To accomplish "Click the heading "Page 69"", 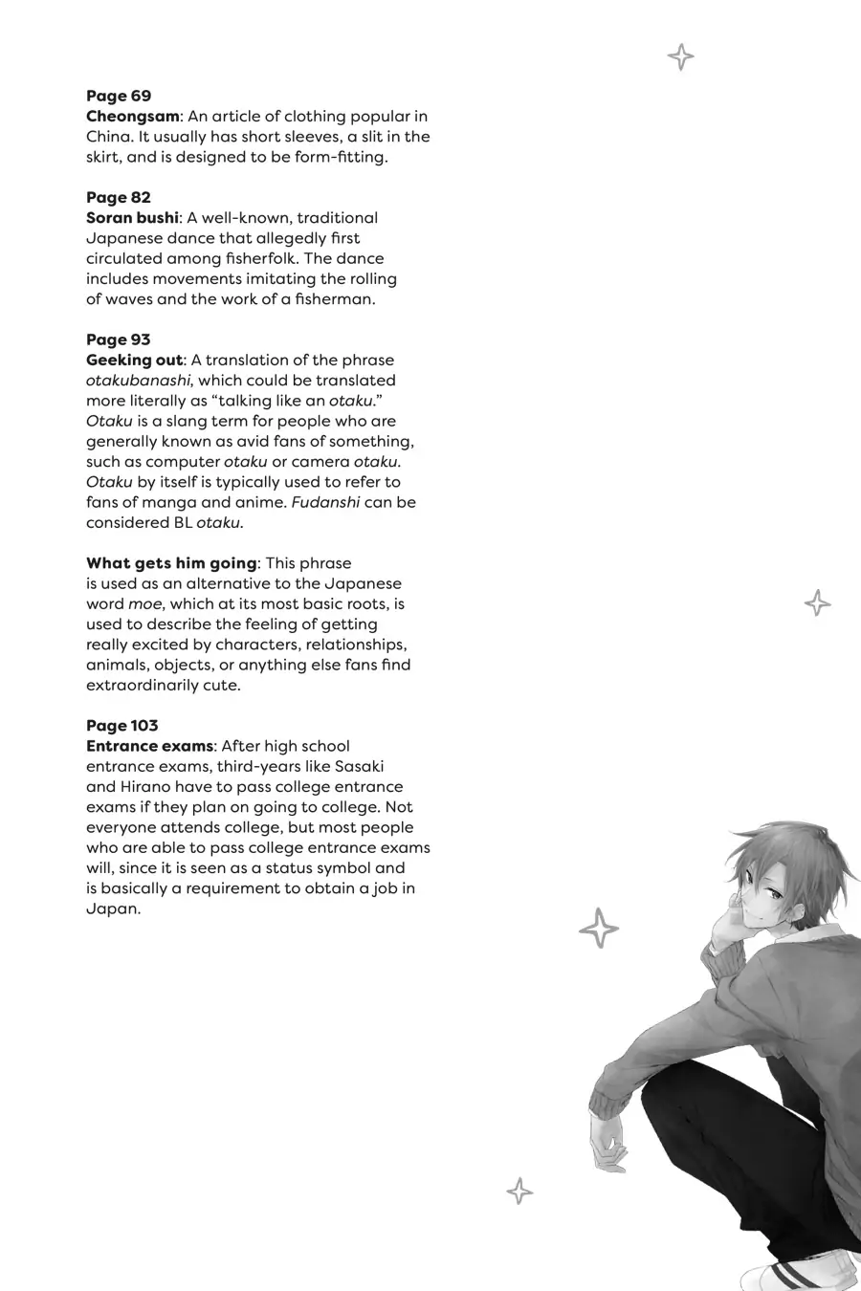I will (x=119, y=96).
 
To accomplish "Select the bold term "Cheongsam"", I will (x=132, y=117).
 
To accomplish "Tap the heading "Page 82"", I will (x=119, y=198).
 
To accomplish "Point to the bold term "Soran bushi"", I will (x=132, y=218).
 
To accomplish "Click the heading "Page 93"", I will (x=119, y=339).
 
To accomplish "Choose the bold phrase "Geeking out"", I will (x=134, y=361).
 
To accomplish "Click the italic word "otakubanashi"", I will (x=139, y=381).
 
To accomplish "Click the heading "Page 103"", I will (x=122, y=726).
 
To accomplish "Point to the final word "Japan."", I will (x=113, y=908).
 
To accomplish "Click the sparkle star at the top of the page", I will (x=680, y=57).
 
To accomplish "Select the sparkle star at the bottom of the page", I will (x=519, y=1192).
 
